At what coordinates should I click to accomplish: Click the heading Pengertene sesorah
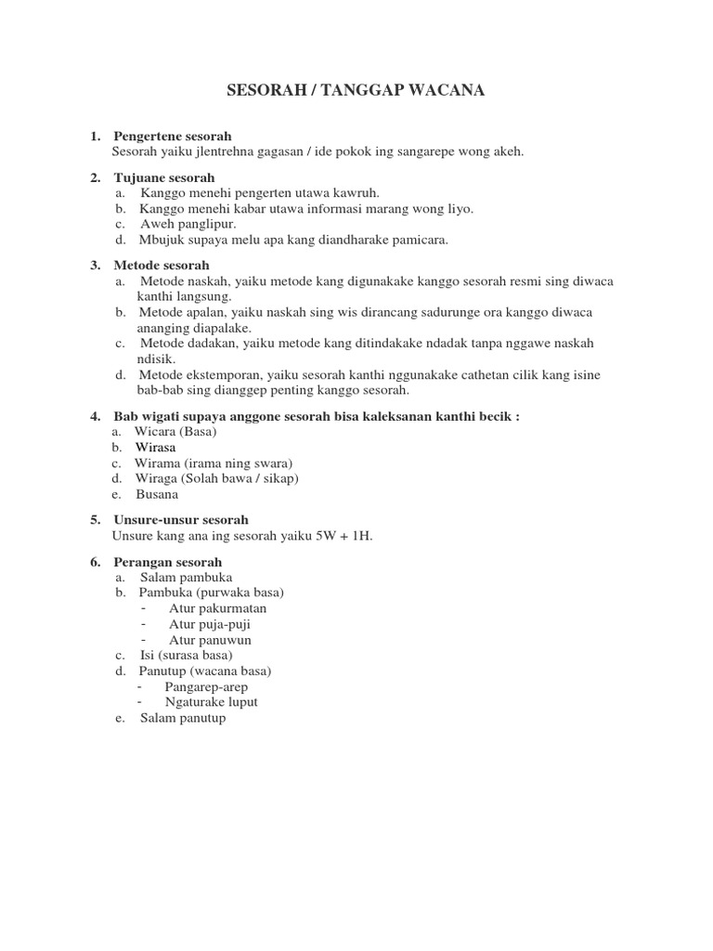172,137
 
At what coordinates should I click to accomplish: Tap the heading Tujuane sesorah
163,177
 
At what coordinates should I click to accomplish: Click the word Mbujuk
162,240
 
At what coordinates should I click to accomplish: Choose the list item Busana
156,494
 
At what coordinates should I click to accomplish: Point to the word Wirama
159,462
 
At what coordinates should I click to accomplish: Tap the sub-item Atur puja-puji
210,624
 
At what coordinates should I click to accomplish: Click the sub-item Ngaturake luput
211,702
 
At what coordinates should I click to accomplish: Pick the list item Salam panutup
183,718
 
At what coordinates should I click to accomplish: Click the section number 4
95,416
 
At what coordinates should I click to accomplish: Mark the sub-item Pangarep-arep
206,686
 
